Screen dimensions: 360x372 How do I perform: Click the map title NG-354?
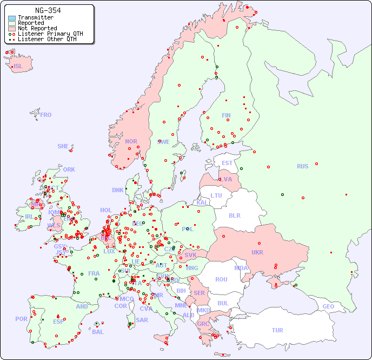coord(48,10)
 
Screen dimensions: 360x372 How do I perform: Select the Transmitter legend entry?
coord(35,18)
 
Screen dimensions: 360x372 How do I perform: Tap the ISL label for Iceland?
coord(18,67)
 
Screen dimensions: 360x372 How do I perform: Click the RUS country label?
coord(302,166)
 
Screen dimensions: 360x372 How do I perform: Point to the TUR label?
coord(277,330)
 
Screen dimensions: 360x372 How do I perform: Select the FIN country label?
coord(226,115)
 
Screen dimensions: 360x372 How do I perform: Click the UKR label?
coord(257,252)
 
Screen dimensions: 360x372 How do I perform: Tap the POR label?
coord(21,319)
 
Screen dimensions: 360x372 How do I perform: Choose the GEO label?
coord(328,306)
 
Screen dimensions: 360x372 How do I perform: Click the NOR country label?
coord(131,141)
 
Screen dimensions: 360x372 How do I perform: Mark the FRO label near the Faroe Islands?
coord(46,115)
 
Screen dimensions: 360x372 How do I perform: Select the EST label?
coord(227,163)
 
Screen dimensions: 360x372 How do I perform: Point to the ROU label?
coord(221,279)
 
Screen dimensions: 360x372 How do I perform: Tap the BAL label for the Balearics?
coord(97,332)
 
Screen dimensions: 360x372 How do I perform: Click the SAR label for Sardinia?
coord(142,319)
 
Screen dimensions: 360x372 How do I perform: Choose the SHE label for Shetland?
coord(63,146)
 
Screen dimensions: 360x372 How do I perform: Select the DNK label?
coord(118,190)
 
